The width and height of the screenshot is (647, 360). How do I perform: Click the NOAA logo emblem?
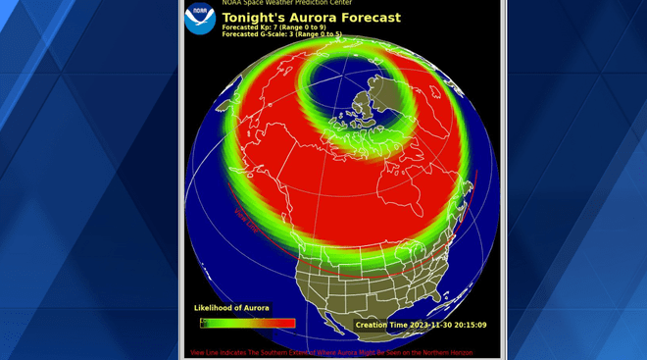pos(200,20)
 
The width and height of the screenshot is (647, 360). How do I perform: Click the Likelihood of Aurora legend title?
pos(231,308)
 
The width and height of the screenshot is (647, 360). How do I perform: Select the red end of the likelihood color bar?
pos(286,323)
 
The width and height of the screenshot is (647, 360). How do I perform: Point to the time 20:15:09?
pos(470,325)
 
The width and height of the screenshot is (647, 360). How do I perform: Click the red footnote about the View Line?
pos(331,352)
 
